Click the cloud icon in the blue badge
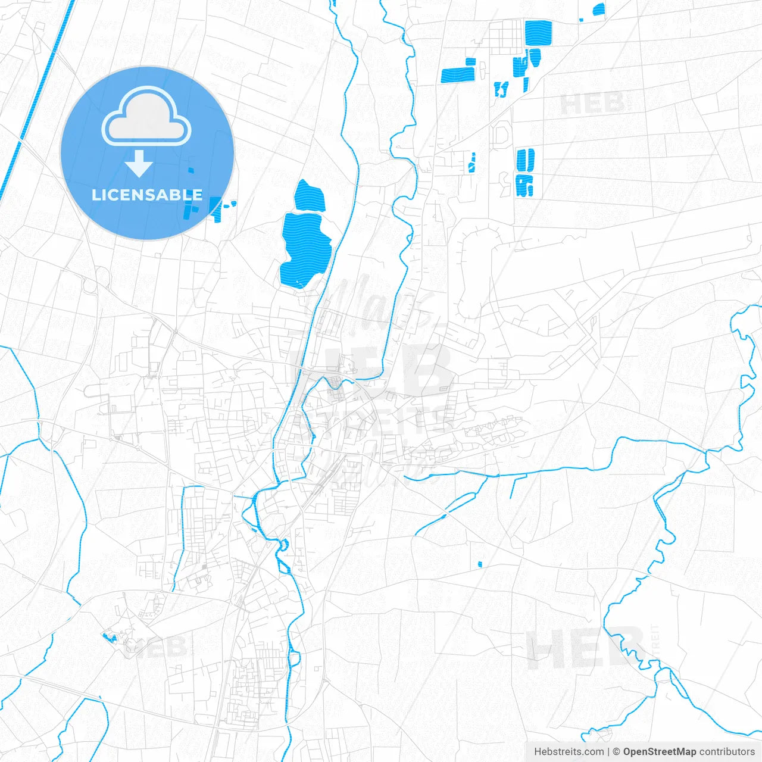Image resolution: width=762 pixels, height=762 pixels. tap(146, 117)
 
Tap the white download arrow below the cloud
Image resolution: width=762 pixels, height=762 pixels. tap(139, 164)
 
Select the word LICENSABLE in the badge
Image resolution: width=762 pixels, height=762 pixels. tap(147, 195)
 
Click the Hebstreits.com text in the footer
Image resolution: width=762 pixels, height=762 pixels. tap(569, 752)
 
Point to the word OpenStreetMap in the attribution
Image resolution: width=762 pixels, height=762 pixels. tap(659, 752)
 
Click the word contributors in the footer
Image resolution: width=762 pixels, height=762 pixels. tap(727, 752)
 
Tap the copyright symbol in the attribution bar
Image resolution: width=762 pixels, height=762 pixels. tap(616, 752)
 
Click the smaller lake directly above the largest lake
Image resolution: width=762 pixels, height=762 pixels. tap(310, 195)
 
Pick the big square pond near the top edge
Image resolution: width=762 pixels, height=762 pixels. tap(538, 33)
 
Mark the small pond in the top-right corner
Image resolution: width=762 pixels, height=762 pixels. tap(598, 10)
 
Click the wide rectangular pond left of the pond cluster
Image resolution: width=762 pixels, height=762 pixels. tap(458, 75)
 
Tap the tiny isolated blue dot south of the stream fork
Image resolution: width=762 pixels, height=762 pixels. tap(480, 564)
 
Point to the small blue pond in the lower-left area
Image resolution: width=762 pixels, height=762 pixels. tap(110, 638)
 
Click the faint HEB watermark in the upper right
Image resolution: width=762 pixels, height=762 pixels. tap(592, 104)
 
